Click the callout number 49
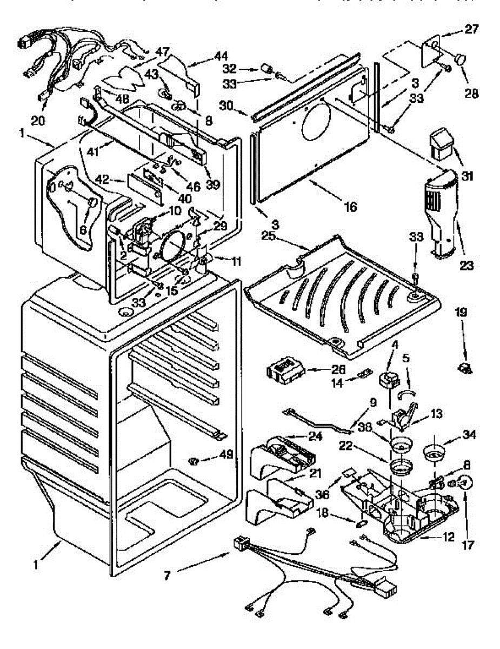[226, 456]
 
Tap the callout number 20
[38, 121]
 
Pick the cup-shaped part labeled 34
[433, 452]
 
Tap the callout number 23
[466, 266]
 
